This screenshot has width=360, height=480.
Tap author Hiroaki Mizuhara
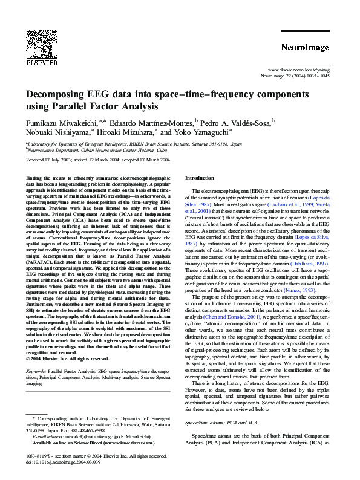[126, 132]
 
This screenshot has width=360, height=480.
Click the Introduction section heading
[200, 178]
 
